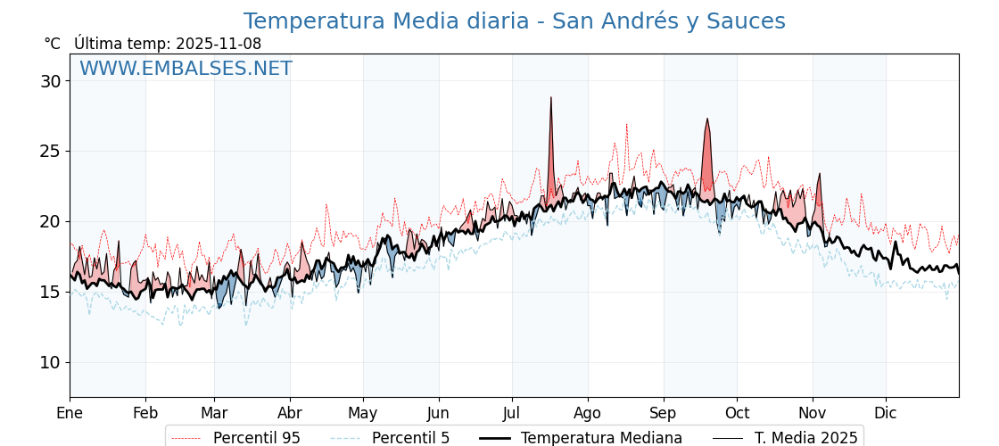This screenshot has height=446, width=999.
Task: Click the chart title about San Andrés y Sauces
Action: point(514,21)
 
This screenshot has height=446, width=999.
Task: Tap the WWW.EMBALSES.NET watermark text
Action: point(186,69)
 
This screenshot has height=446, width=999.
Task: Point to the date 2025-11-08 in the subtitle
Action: point(219,44)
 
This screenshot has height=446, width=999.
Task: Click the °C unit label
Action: point(53,44)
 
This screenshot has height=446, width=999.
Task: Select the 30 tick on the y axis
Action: point(51,81)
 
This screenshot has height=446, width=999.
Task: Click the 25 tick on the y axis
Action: point(51,151)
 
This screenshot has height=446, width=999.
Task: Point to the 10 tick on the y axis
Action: point(51,362)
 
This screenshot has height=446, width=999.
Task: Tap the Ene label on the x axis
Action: point(70,413)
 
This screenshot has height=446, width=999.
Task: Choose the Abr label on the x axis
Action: point(290,413)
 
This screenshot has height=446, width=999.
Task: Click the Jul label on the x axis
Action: point(512,413)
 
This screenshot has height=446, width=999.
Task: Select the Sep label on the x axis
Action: point(664,413)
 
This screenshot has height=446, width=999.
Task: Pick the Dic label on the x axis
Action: point(886,413)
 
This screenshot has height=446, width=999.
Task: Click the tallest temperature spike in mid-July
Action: point(551,98)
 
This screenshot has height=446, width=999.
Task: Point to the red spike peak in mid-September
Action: point(707,119)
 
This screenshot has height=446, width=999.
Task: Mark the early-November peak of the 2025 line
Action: point(819,175)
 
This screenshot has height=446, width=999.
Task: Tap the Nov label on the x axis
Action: point(813,413)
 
